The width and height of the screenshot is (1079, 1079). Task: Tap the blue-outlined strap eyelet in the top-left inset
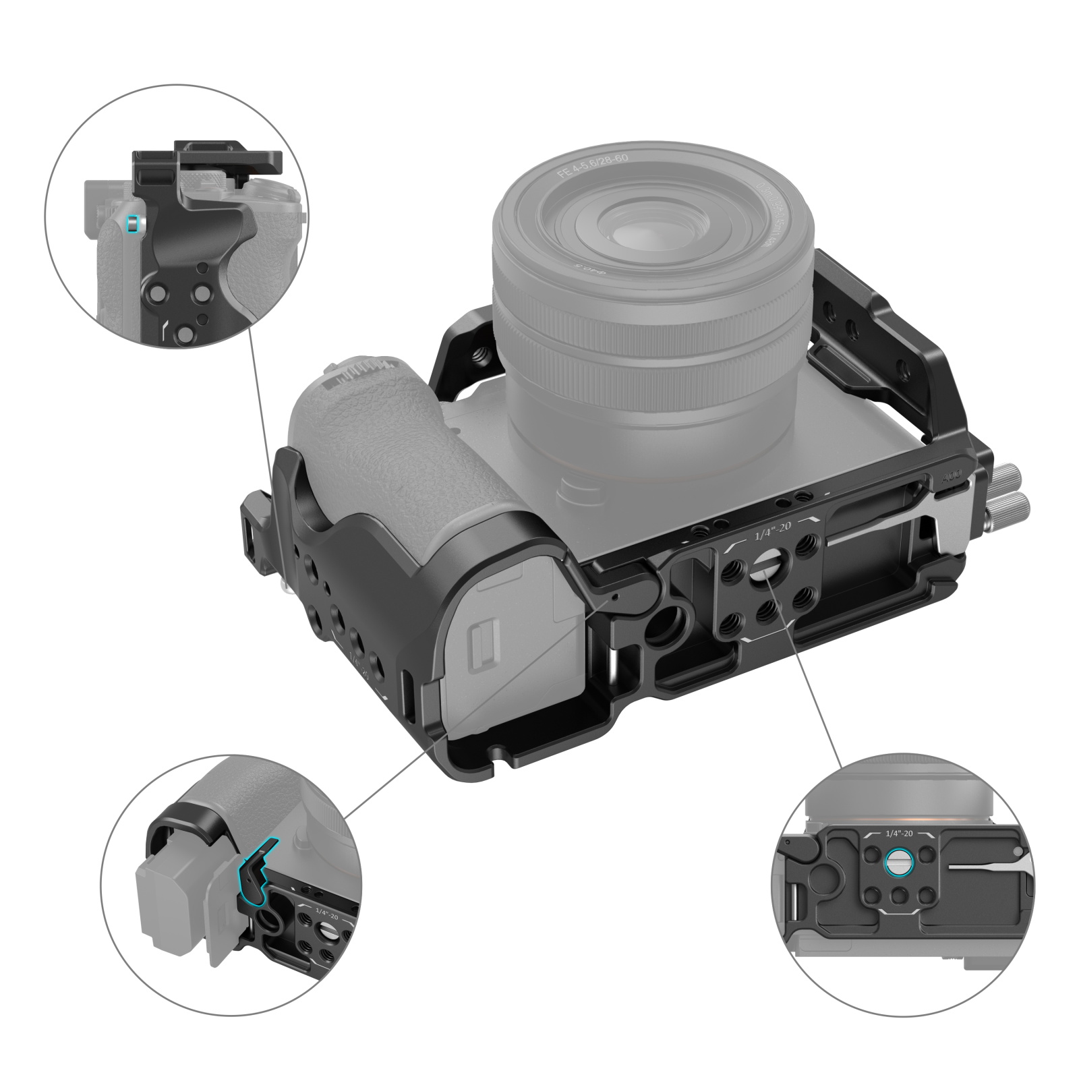(133, 223)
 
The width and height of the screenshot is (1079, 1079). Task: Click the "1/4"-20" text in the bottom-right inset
(898, 834)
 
